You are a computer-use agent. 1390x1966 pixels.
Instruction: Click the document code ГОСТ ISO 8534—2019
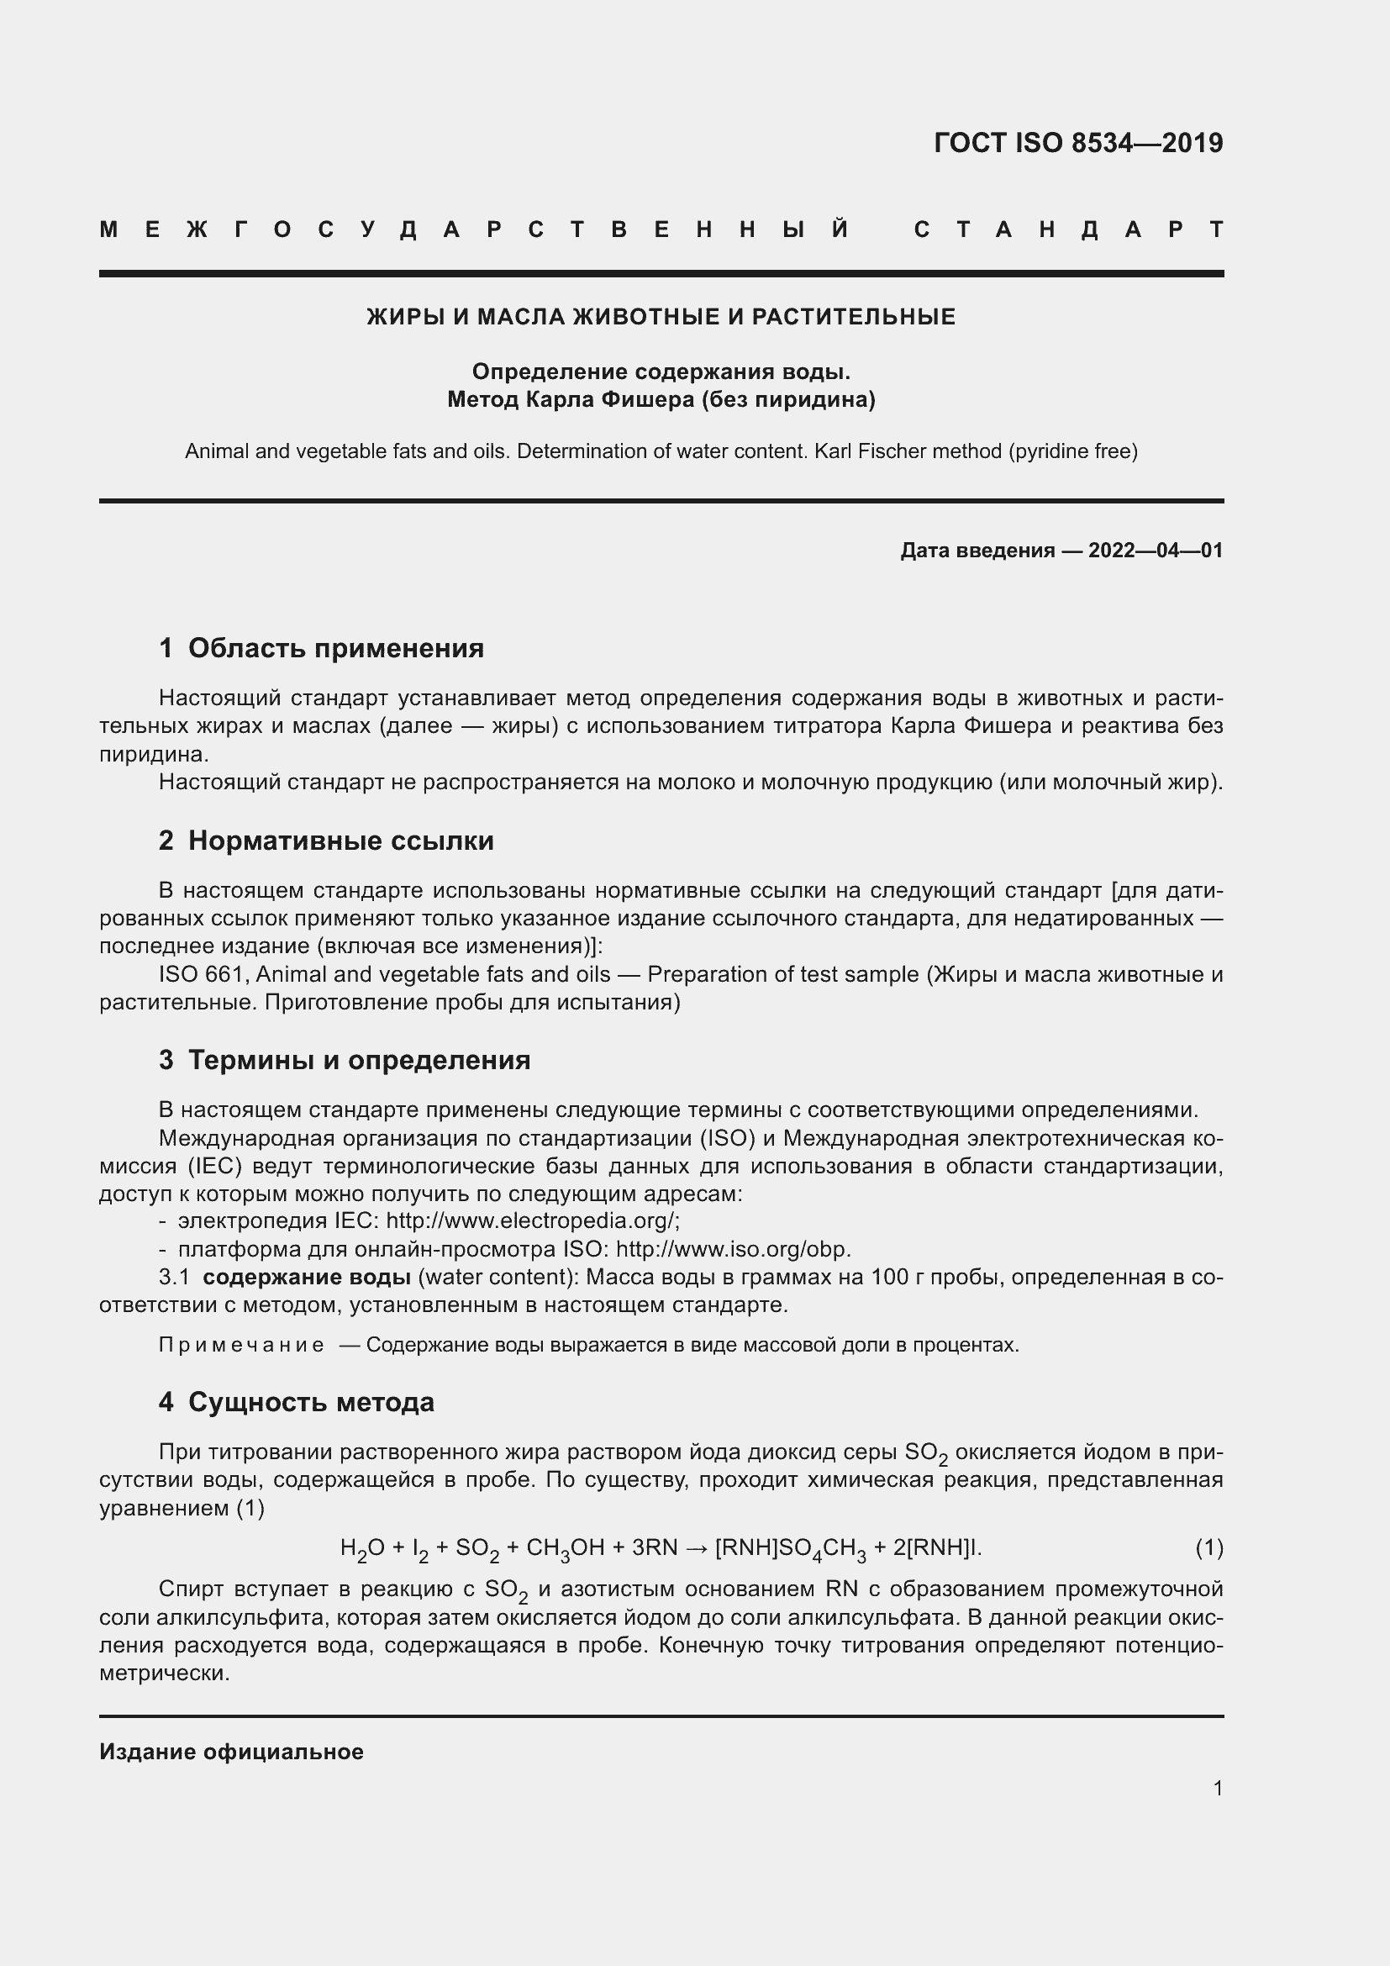tap(1077, 143)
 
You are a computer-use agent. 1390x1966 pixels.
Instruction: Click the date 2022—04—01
tap(1155, 551)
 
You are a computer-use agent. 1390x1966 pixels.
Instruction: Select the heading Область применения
tap(335, 648)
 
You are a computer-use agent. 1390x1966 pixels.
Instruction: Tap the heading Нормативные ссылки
tap(340, 841)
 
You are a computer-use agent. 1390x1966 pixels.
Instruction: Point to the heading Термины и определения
tap(359, 1060)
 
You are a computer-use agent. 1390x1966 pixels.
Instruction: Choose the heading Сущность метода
tap(311, 1402)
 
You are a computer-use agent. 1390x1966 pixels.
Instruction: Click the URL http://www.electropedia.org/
tap(531, 1221)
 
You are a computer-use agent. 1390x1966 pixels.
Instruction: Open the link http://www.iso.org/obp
tap(733, 1249)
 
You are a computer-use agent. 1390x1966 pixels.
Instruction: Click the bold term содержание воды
tap(307, 1278)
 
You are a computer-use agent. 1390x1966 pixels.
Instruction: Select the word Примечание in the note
tap(241, 1345)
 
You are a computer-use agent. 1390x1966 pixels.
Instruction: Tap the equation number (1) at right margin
tap(1208, 1547)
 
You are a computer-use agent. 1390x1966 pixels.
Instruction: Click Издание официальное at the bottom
tap(231, 1752)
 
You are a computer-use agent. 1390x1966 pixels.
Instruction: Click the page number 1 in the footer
tap(1217, 1788)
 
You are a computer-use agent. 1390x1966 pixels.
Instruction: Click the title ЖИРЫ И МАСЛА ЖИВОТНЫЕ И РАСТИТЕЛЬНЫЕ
tap(661, 318)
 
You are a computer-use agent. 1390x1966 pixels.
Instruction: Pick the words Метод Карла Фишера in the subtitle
tap(570, 400)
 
